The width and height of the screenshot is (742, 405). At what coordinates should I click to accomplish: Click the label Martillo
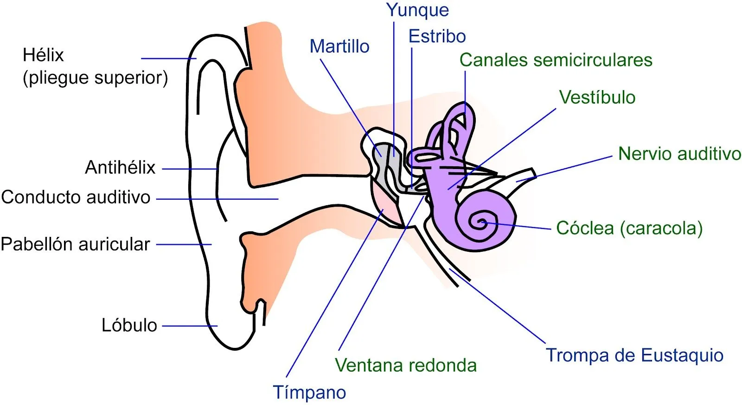pyautogui.click(x=339, y=46)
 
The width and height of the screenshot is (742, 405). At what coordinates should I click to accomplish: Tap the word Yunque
pyautogui.click(x=417, y=10)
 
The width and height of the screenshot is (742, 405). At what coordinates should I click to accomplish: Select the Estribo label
pyautogui.click(x=437, y=36)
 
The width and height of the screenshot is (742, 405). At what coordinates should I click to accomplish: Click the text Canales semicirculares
pyautogui.click(x=556, y=60)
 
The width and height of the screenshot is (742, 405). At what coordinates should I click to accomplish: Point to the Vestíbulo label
pyautogui.click(x=597, y=98)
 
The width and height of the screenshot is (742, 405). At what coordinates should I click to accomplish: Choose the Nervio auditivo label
pyautogui.click(x=679, y=154)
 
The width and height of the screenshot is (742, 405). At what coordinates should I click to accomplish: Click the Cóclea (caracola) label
pyautogui.click(x=629, y=228)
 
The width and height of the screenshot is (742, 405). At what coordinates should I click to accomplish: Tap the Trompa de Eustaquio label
pyautogui.click(x=634, y=355)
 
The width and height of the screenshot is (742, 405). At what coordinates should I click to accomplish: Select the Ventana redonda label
pyautogui.click(x=406, y=366)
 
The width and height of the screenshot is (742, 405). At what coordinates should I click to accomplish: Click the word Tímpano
pyautogui.click(x=309, y=392)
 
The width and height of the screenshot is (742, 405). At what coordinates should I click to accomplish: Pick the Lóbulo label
pyautogui.click(x=129, y=325)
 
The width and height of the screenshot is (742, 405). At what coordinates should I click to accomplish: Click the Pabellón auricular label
pyautogui.click(x=75, y=244)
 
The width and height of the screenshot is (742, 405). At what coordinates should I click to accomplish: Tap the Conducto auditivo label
pyautogui.click(x=76, y=197)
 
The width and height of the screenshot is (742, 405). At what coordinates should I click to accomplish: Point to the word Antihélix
pyautogui.click(x=120, y=167)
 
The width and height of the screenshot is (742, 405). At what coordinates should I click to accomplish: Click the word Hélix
pyautogui.click(x=43, y=55)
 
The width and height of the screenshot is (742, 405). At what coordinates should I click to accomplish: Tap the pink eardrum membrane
pyautogui.click(x=386, y=204)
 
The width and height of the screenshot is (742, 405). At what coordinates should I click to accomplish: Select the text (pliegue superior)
pyautogui.click(x=95, y=78)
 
